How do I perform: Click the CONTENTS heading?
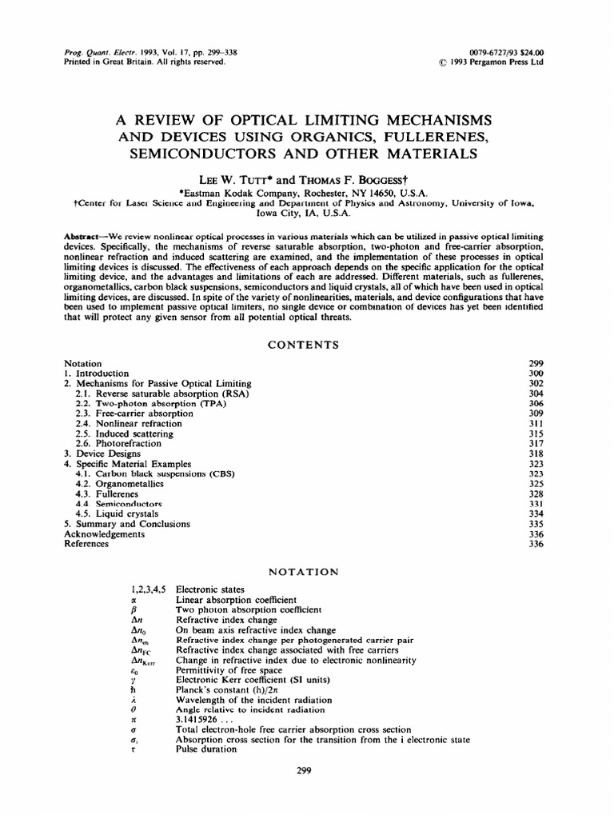click(x=306, y=345)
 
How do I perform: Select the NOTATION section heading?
click(x=306, y=572)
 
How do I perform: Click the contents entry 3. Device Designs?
click(x=104, y=453)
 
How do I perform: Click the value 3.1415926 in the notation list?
click(x=203, y=719)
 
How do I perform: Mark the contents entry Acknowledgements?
click(x=104, y=533)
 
